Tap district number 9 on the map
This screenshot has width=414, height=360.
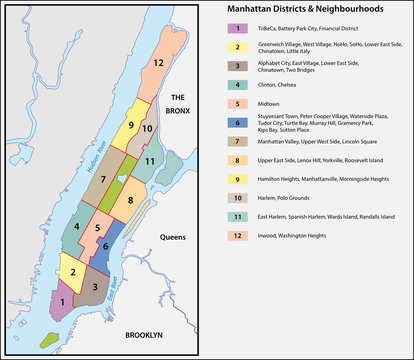130,124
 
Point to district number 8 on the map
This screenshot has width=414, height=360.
133,200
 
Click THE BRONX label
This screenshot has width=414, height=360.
178,104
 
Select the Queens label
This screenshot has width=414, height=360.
174,239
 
